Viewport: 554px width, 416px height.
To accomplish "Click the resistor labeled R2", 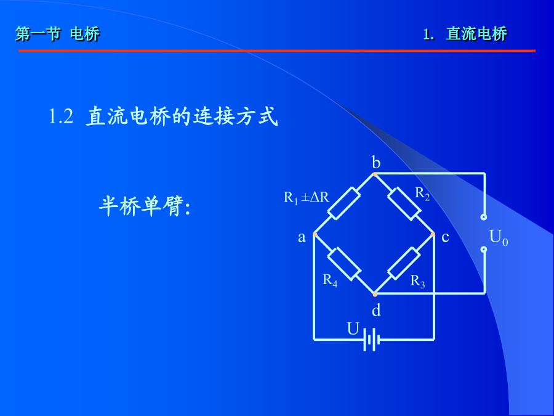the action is (404, 204).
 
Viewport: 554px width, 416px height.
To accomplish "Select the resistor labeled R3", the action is (404, 264).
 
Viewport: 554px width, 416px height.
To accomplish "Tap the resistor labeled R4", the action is (344, 264).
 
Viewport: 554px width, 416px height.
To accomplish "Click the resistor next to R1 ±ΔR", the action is (343, 203).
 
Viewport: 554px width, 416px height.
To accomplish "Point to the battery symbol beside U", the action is (371, 340).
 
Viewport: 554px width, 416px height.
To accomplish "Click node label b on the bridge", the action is (376, 162).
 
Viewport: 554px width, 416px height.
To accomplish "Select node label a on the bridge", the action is (302, 237).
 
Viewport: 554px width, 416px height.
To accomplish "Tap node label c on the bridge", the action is (445, 237).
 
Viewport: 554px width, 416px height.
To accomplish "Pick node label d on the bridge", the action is (376, 310).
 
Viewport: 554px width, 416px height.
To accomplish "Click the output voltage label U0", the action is (499, 237).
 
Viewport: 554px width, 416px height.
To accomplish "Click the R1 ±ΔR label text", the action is (307, 197).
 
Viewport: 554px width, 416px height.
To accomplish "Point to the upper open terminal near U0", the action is (484, 217).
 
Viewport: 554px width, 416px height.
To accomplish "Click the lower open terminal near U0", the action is (484, 250).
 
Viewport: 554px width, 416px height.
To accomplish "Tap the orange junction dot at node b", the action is (375, 174).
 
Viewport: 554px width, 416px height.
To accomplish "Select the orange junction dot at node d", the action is (375, 294).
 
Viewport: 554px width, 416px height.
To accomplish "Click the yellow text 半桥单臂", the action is (142, 206).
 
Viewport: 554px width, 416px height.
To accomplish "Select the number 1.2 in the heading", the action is (61, 116).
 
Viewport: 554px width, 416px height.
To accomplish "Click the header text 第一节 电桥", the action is (58, 34).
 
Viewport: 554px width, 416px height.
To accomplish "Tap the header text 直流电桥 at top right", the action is (476, 34).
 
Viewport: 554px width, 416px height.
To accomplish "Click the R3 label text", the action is (417, 281).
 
